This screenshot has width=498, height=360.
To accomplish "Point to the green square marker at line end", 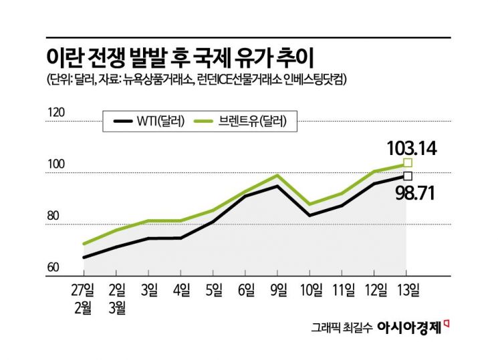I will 407,163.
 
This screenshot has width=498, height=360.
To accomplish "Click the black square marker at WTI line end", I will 407,176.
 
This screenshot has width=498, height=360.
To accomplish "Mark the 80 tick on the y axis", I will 53,216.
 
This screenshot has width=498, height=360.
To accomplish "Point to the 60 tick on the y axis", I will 53,268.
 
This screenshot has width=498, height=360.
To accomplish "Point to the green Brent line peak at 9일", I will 277,176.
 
